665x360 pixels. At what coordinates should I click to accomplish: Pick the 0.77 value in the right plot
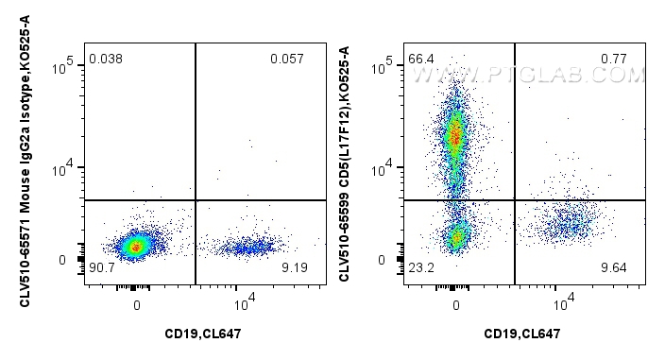(614, 60)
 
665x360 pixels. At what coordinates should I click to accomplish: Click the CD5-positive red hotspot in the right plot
(456, 137)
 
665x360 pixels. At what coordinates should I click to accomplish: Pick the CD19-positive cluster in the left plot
(247, 248)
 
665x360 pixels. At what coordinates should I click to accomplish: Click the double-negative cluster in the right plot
(457, 236)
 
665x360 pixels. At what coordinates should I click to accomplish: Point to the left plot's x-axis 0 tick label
(137, 304)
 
